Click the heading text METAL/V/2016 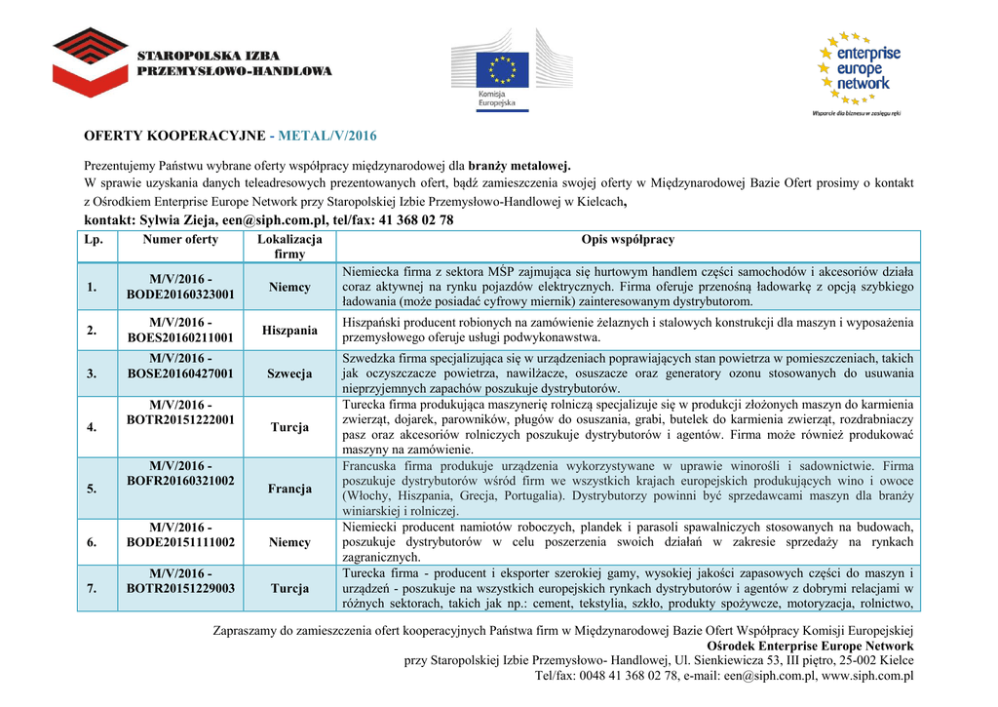click(327, 135)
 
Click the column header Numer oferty click(180, 240)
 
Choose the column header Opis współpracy click(628, 240)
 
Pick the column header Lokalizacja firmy click(289, 247)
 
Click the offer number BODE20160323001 click(180, 294)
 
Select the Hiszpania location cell click(289, 331)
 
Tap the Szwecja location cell click(289, 373)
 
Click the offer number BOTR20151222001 click(180, 419)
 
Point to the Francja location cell click(289, 489)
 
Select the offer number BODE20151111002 click(180, 542)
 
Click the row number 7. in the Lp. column click(92, 588)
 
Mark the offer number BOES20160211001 click(180, 337)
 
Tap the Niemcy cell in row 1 click(289, 287)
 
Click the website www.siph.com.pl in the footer click(867, 675)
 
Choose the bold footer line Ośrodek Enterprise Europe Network click(810, 646)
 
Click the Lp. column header click(93, 240)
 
